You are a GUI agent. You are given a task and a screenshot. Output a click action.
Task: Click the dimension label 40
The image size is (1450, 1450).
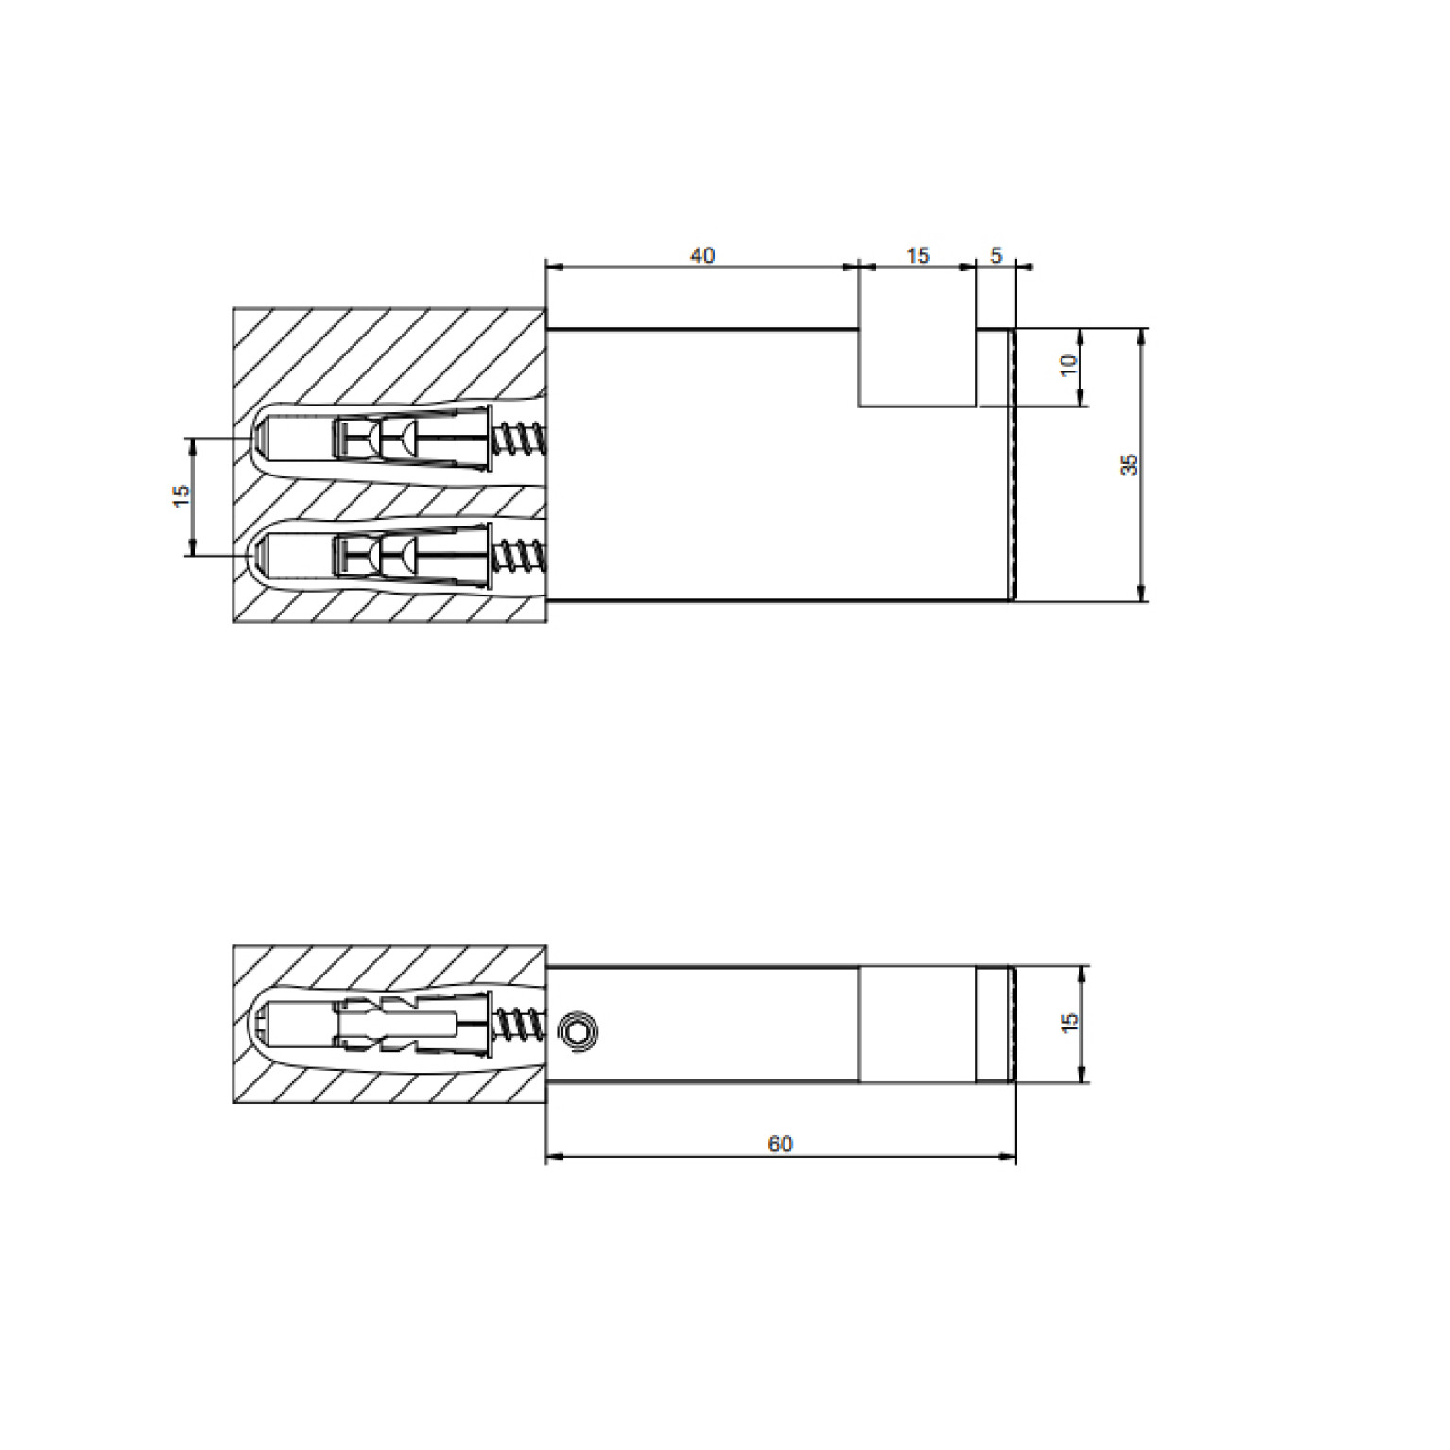[x=702, y=255]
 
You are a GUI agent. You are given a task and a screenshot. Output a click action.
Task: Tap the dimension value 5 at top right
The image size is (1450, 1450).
[x=995, y=255]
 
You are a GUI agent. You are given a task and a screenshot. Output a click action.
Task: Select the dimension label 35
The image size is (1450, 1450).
[x=1130, y=464]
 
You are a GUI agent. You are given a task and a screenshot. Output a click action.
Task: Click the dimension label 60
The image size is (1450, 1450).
[x=780, y=1144]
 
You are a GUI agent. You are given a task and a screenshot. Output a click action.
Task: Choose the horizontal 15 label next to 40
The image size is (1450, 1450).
[x=918, y=255]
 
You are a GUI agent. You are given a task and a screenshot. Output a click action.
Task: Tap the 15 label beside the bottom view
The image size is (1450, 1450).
[x=1069, y=1023]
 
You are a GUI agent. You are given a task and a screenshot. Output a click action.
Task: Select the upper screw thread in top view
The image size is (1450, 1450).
[x=520, y=440]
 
